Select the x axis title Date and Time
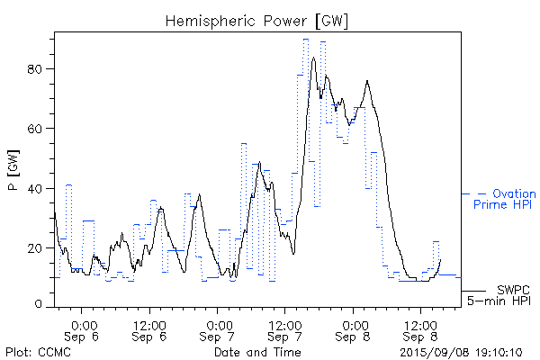[255, 352]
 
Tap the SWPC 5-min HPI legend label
[498, 296]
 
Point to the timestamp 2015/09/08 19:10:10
[461, 352]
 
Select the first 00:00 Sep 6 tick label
[83, 329]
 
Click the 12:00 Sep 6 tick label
[149, 329]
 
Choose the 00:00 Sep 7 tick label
[219, 329]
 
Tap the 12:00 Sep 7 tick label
[285, 329]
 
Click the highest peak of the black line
[313, 58]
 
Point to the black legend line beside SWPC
[473, 292]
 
